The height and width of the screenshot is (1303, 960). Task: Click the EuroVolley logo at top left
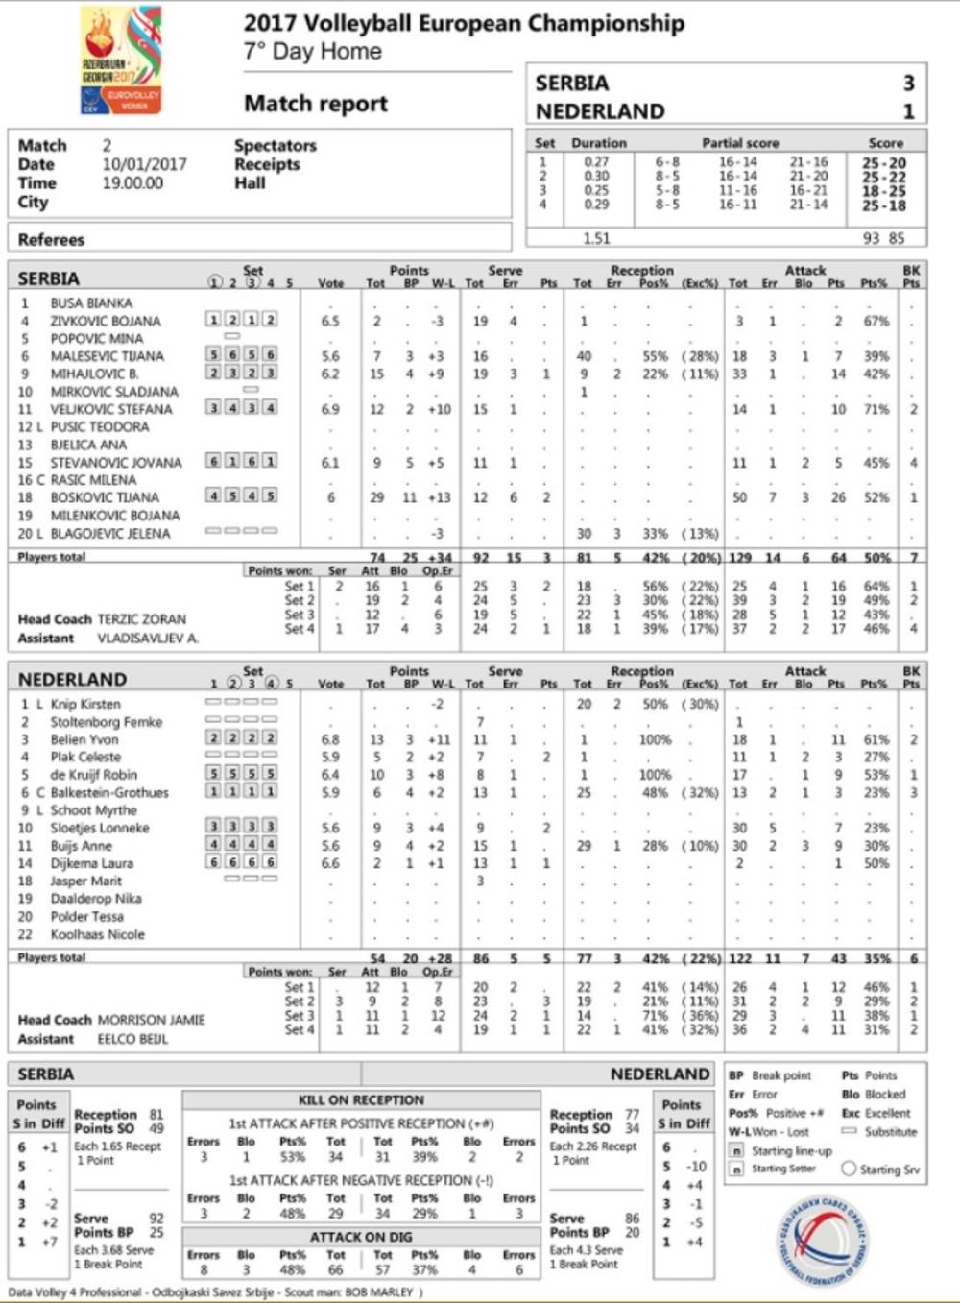[x=120, y=60]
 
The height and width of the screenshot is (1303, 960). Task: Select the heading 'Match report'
[x=316, y=104]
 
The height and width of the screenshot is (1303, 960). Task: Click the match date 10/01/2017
[x=144, y=164]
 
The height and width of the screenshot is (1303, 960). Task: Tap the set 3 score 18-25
[x=883, y=191]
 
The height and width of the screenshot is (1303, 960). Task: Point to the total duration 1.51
[x=596, y=238]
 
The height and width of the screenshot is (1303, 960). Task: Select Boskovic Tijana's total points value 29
[x=377, y=497]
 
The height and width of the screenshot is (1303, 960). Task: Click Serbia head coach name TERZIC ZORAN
[x=141, y=619]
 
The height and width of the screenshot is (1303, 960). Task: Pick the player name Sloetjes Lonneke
[x=100, y=828]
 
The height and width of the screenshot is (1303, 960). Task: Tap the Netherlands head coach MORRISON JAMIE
[x=151, y=1020]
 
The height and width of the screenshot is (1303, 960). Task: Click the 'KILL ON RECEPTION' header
[x=361, y=1100]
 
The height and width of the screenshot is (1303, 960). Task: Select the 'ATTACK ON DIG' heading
[x=361, y=1237]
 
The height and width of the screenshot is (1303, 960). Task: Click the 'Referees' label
[x=51, y=239]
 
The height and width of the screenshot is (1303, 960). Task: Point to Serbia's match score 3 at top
[x=908, y=84]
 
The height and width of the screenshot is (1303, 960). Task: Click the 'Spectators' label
[x=275, y=146]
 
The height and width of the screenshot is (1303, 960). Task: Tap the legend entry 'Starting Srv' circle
[x=849, y=1169]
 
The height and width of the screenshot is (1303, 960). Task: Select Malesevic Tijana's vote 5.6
[x=330, y=356]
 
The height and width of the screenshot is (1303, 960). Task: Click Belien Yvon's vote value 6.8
[x=330, y=740]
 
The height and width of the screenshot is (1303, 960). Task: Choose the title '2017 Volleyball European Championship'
[x=464, y=24]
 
